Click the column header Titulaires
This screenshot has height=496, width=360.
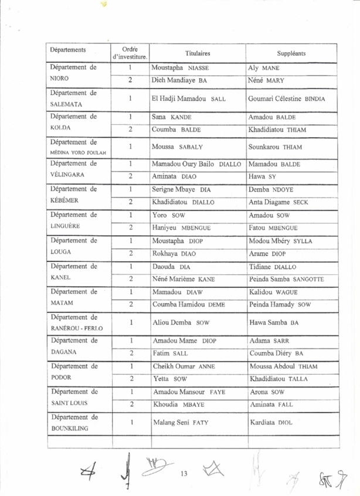tap(198, 53)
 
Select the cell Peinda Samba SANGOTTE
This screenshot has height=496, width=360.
tap(287, 278)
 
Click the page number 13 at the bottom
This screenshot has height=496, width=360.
tap(184, 473)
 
